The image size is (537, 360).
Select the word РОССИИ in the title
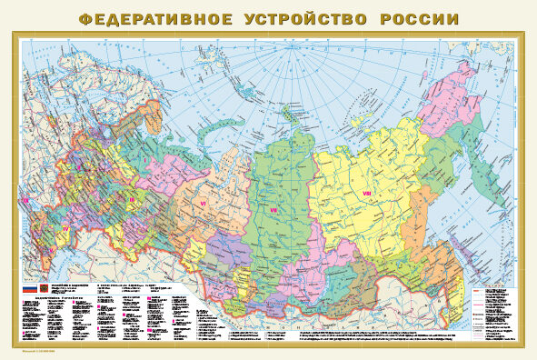[x=414, y=18]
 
